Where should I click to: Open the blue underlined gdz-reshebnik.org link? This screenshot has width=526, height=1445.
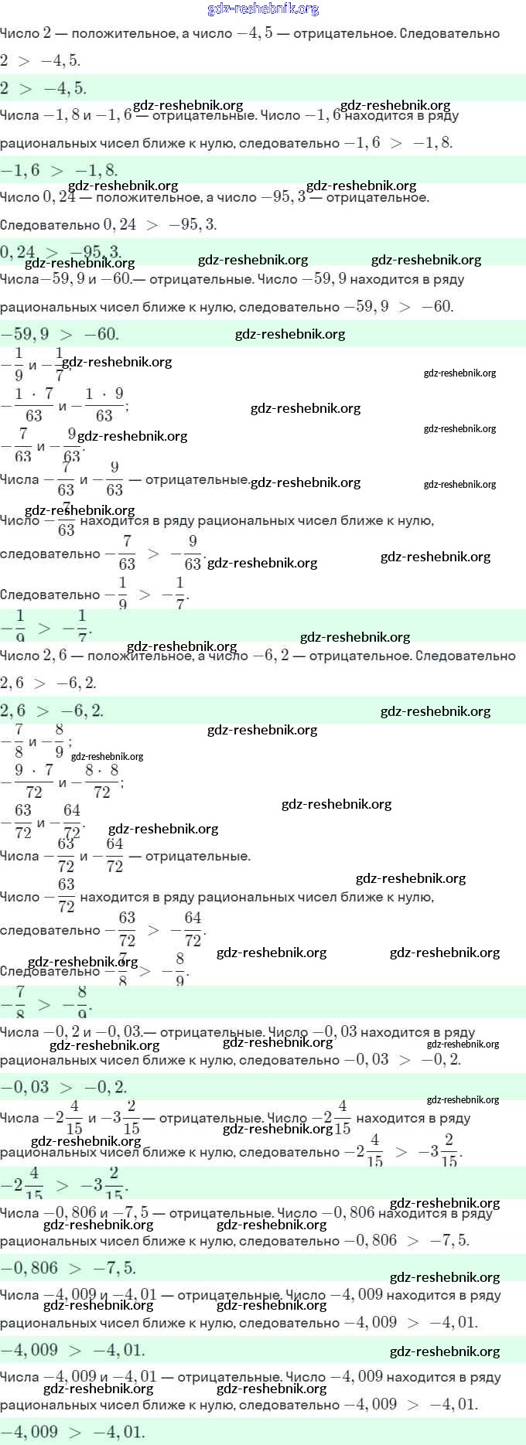coord(263,9)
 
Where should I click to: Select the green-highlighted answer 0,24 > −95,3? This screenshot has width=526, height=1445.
coord(60,252)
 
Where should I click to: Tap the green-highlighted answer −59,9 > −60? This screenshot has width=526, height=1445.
coord(60,334)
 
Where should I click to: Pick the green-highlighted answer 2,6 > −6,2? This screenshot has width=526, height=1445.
coord(52,711)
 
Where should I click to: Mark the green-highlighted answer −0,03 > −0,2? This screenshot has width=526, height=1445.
coord(64,1087)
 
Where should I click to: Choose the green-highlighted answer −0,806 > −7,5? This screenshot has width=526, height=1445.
coord(68,1268)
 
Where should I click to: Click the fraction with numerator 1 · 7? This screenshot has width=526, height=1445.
coord(33,404)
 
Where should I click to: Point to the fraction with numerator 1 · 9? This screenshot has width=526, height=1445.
coord(104,404)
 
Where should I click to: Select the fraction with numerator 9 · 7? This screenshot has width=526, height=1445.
coord(33,781)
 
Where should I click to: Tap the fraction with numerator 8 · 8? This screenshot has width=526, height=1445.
coord(101,781)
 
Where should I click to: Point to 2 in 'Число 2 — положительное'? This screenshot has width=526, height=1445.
coord(47,33)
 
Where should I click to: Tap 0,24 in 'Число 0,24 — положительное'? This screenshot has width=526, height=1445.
coord(59,198)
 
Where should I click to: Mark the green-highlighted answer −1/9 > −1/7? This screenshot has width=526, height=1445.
coord(46,625)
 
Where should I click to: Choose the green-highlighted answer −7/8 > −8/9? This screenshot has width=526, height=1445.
coord(46,1001)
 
